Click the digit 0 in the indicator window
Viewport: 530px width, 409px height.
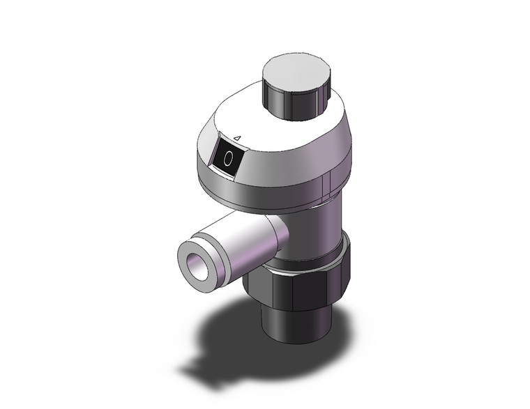coord(228,159)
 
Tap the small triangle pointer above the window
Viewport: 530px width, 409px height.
coord(237,139)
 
